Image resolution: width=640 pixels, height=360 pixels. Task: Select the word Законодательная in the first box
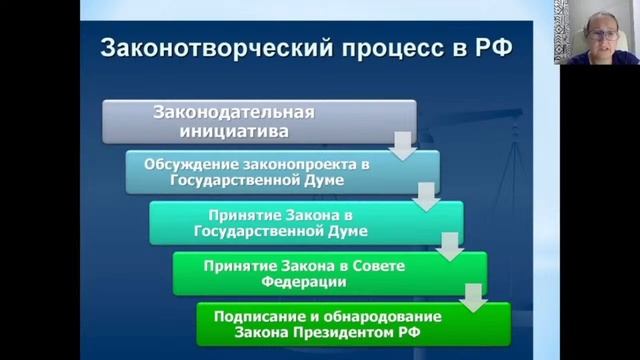click(x=233, y=111)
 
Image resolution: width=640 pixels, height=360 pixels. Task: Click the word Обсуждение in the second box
click(x=191, y=163)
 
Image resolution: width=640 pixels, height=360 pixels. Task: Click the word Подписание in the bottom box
click(x=257, y=315)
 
